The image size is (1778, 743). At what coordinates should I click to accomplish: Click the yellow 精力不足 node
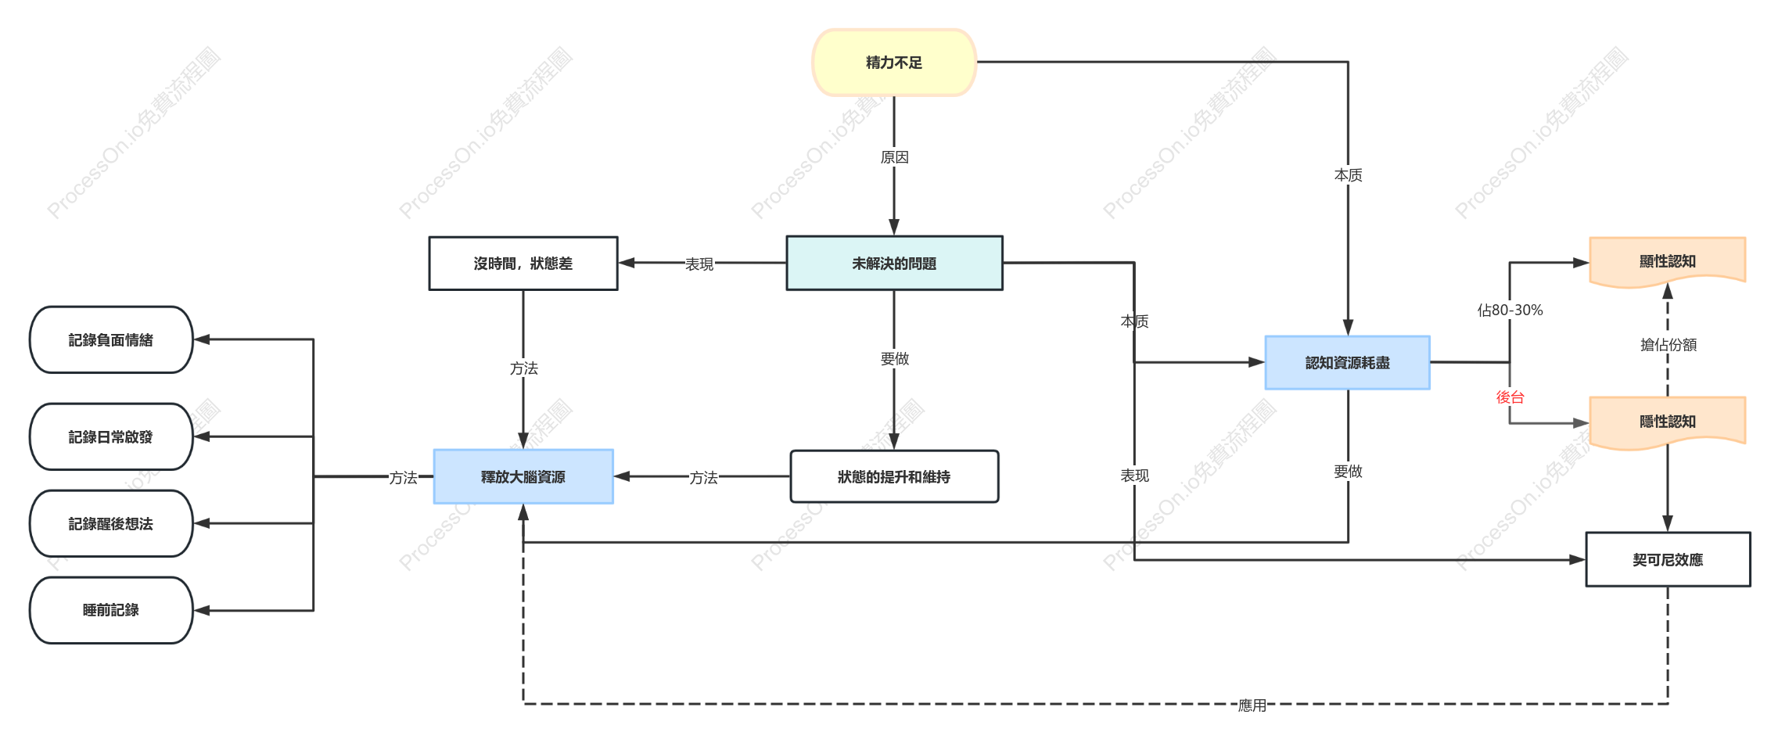tap(894, 63)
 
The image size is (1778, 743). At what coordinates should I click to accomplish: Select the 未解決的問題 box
tap(894, 264)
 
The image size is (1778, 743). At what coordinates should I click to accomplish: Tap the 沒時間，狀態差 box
tap(523, 264)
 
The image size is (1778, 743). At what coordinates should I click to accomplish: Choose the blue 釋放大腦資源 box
tap(523, 476)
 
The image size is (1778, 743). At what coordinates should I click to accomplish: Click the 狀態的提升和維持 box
tap(894, 476)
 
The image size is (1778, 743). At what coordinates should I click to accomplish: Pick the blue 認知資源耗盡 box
tap(1348, 363)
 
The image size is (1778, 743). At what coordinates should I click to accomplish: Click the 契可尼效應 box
tap(1668, 559)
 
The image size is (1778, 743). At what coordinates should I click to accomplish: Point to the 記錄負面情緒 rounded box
tap(111, 339)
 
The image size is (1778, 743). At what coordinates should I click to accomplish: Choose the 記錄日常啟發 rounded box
tap(111, 436)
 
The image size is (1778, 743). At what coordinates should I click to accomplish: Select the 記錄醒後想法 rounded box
tap(111, 523)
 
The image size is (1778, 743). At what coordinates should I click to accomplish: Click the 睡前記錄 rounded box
tap(111, 610)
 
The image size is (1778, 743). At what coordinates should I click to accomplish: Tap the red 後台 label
tap(1510, 397)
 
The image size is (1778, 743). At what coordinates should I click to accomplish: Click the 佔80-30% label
tap(1510, 310)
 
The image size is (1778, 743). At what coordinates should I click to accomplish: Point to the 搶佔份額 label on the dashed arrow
tap(1668, 345)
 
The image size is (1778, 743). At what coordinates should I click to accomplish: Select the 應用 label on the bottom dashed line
tap(1252, 705)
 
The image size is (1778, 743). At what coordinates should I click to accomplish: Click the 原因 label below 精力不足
tap(894, 157)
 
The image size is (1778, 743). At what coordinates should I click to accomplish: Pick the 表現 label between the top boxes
tap(699, 264)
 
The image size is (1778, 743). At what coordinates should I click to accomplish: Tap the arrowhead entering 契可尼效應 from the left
tap(1578, 560)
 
